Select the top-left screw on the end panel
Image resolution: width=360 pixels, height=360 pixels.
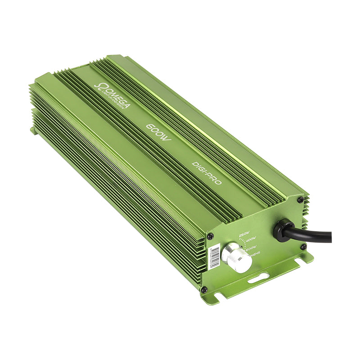[x=210, y=236]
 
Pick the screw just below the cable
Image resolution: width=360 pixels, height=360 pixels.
[x=303, y=247]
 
